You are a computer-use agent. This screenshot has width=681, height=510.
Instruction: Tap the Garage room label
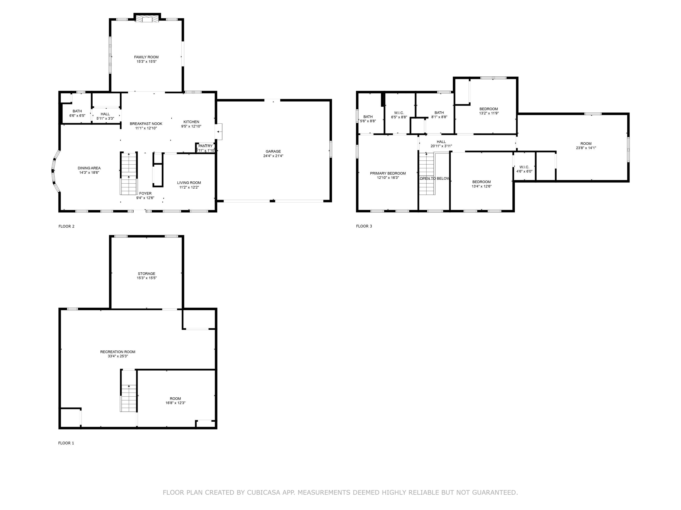[x=273, y=151]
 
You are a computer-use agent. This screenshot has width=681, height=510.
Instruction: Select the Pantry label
[x=205, y=146]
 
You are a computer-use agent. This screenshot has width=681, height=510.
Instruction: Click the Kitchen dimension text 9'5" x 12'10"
[x=191, y=126]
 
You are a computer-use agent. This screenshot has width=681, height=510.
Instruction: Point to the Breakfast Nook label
[x=146, y=124]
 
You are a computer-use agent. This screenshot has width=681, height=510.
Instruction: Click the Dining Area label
[x=89, y=168]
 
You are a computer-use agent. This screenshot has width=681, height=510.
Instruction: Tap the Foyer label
[x=145, y=193]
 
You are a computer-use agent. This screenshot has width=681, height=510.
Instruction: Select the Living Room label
[x=189, y=183]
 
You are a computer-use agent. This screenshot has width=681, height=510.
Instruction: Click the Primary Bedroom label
[x=388, y=173]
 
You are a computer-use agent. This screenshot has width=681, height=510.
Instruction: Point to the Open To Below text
[x=434, y=179]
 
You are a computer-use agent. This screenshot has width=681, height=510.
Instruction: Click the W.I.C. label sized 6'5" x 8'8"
[x=399, y=113]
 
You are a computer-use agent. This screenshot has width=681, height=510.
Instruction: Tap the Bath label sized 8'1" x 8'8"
[x=439, y=112]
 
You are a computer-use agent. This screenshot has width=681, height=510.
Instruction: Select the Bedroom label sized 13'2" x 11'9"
[x=489, y=109]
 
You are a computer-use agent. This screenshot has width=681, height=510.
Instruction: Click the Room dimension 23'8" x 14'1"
[x=586, y=148]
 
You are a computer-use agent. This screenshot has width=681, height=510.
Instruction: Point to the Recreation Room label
[x=118, y=352]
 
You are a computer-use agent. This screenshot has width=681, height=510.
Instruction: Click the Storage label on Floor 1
[x=147, y=274]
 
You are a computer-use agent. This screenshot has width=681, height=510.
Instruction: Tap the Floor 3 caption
[x=364, y=226]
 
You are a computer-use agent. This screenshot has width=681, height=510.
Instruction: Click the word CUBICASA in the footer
[x=264, y=493]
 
